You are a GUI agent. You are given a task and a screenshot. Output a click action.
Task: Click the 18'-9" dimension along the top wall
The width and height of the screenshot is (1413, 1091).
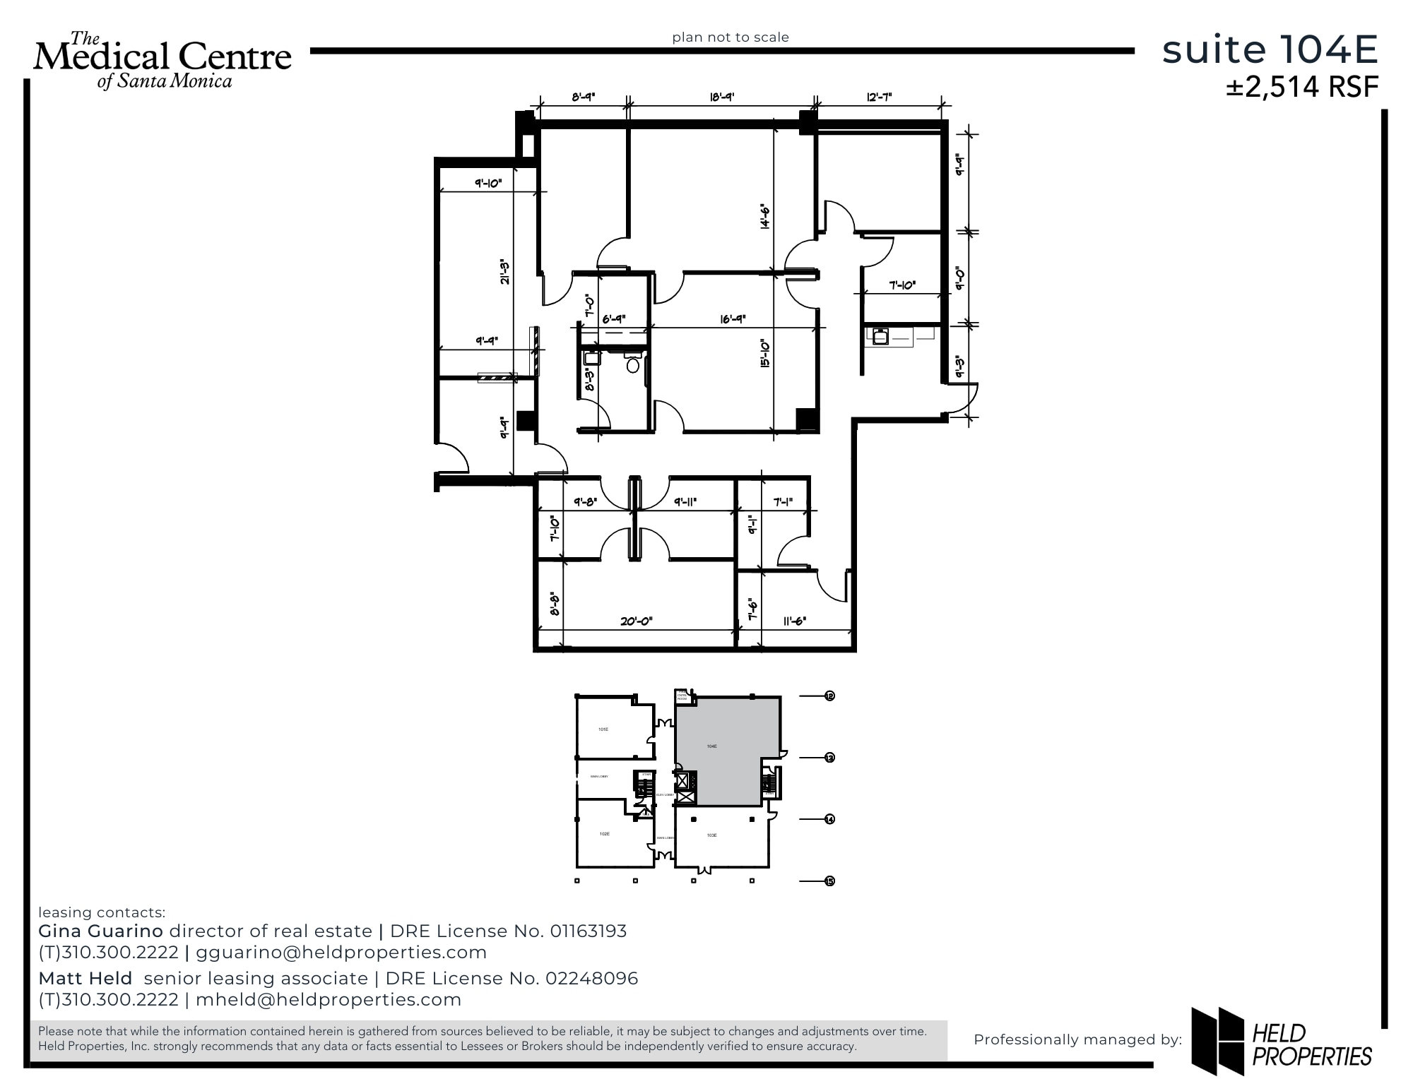tap(721, 97)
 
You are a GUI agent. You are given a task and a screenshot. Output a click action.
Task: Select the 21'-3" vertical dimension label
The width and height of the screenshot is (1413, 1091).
tap(504, 273)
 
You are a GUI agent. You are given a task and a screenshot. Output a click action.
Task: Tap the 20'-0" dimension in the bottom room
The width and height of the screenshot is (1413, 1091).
tap(636, 621)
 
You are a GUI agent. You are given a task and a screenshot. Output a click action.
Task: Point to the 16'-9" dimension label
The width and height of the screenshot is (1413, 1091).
tap(733, 319)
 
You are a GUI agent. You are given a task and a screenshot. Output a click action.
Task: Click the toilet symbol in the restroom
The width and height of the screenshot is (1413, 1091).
tap(633, 365)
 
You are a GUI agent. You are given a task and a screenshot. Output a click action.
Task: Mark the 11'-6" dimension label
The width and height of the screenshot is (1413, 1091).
tap(795, 621)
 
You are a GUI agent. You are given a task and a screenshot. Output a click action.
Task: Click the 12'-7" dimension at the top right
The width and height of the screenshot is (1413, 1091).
tap(879, 97)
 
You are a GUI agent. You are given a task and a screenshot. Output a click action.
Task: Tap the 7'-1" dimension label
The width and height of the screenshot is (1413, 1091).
tap(783, 502)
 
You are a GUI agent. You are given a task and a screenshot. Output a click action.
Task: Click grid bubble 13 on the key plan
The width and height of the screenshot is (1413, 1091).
tap(829, 757)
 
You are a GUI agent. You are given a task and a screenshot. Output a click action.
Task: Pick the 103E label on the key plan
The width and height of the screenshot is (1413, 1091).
tap(711, 835)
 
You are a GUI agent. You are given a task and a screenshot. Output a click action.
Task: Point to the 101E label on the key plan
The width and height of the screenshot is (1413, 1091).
tap(603, 729)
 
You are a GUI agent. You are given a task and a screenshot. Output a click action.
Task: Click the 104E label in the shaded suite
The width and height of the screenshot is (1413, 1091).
tap(711, 746)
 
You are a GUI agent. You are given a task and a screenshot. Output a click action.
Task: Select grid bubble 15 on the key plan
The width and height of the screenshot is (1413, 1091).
tap(829, 881)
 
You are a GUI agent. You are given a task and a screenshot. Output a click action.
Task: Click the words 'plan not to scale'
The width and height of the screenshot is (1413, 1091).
tap(730, 37)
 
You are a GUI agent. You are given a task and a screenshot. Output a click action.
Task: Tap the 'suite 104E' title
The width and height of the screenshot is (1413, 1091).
tap(1270, 50)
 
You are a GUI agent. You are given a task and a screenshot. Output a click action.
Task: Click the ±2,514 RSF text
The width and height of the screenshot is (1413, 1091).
tap(1301, 87)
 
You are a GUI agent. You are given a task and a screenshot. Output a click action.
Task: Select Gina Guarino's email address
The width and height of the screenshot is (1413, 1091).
tap(341, 952)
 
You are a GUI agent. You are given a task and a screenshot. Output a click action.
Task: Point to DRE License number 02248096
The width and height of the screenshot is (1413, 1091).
tap(591, 978)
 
